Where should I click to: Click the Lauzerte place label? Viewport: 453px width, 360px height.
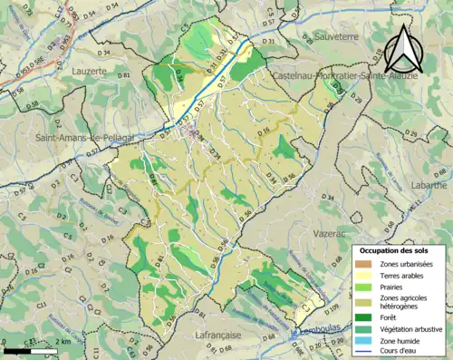(x=90, y=69)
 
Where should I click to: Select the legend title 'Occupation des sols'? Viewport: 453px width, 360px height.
(x=397, y=249)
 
